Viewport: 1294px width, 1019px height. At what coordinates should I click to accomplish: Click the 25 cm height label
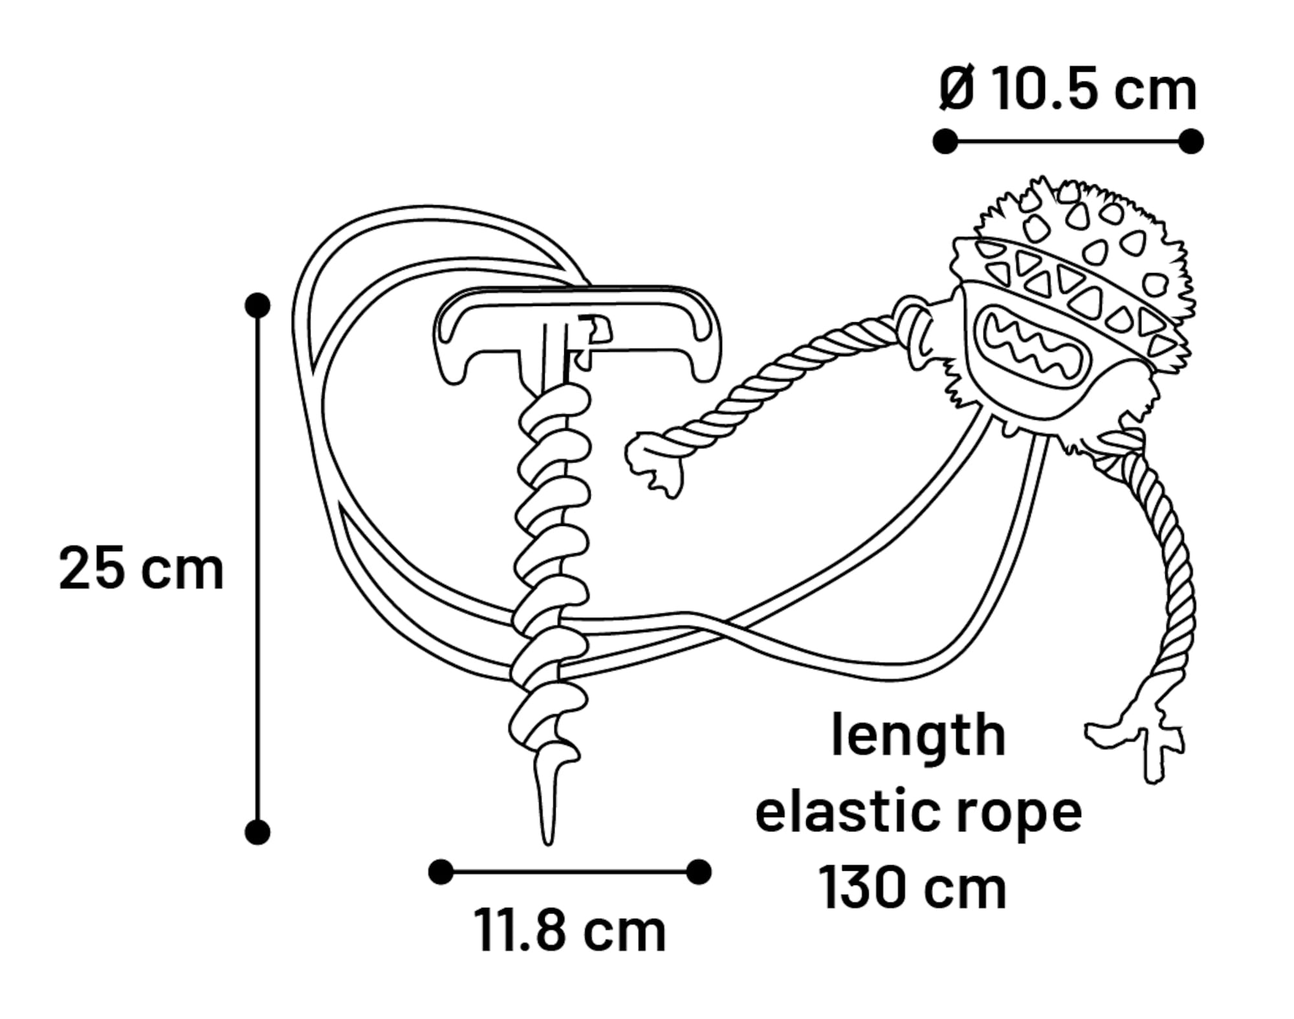point(141,569)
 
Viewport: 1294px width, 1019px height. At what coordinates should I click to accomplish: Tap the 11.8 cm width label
point(569,931)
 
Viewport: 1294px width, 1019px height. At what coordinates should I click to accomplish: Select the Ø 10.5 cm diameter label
point(1068,90)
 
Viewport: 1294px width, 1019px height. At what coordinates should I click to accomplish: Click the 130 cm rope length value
point(912,888)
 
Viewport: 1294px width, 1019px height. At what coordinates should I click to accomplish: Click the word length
point(918,735)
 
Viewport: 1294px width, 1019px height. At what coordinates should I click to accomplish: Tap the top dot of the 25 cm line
point(258,305)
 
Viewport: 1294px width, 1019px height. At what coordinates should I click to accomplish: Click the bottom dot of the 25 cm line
point(258,833)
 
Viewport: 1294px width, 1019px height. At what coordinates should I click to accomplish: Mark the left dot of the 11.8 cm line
point(441,872)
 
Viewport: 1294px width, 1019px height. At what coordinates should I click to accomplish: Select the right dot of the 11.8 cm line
point(699,872)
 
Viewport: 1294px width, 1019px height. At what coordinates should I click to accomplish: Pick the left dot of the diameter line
point(945,141)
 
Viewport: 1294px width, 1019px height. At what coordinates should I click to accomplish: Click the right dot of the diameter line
point(1191,141)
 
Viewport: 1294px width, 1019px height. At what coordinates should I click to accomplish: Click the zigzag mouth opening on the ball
point(1029,343)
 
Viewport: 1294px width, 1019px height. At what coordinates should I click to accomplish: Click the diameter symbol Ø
point(956,90)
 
